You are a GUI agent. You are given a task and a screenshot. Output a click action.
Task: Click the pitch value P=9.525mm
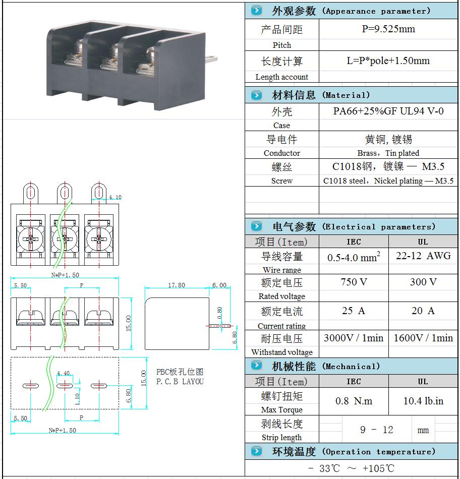[x=388, y=29]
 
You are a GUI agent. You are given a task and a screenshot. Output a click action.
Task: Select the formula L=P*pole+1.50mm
[x=388, y=61]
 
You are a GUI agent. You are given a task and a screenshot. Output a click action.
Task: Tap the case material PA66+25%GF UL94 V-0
[x=388, y=111]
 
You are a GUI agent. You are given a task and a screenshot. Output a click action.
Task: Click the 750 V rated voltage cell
[x=354, y=282]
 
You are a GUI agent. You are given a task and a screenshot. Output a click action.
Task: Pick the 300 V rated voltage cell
[x=423, y=282]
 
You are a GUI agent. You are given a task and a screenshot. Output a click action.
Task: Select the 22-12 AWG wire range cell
[x=423, y=256]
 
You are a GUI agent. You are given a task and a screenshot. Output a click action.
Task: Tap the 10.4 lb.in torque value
[x=423, y=401]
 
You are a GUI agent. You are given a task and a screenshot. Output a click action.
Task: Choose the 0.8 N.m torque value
[x=354, y=401]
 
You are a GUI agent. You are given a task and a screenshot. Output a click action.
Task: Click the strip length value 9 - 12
[x=376, y=430]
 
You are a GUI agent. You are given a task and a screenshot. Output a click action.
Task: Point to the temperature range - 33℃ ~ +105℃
[x=351, y=468]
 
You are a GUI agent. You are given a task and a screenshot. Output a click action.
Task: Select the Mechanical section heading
[x=326, y=366]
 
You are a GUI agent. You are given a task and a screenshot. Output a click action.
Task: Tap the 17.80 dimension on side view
[x=177, y=285]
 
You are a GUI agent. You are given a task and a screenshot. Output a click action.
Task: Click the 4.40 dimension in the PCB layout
[x=64, y=374]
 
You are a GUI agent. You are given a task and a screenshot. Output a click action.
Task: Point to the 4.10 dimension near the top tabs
[x=115, y=198]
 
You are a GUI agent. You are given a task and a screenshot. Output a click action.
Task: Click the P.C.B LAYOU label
[x=180, y=382]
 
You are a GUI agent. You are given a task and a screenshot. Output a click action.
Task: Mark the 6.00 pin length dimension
[x=219, y=285]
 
